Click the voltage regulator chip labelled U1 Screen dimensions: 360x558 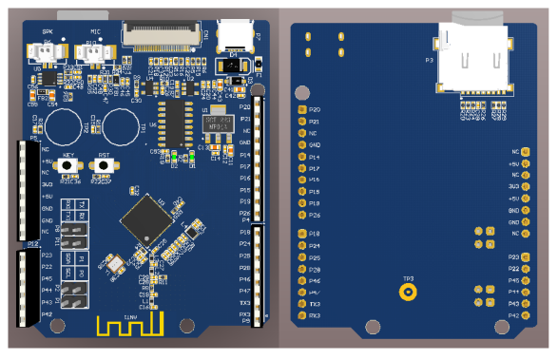point(217,124)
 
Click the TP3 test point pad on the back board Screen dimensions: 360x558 point(407,293)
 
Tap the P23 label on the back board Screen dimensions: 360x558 point(512,257)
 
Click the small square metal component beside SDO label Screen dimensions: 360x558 point(114,263)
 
